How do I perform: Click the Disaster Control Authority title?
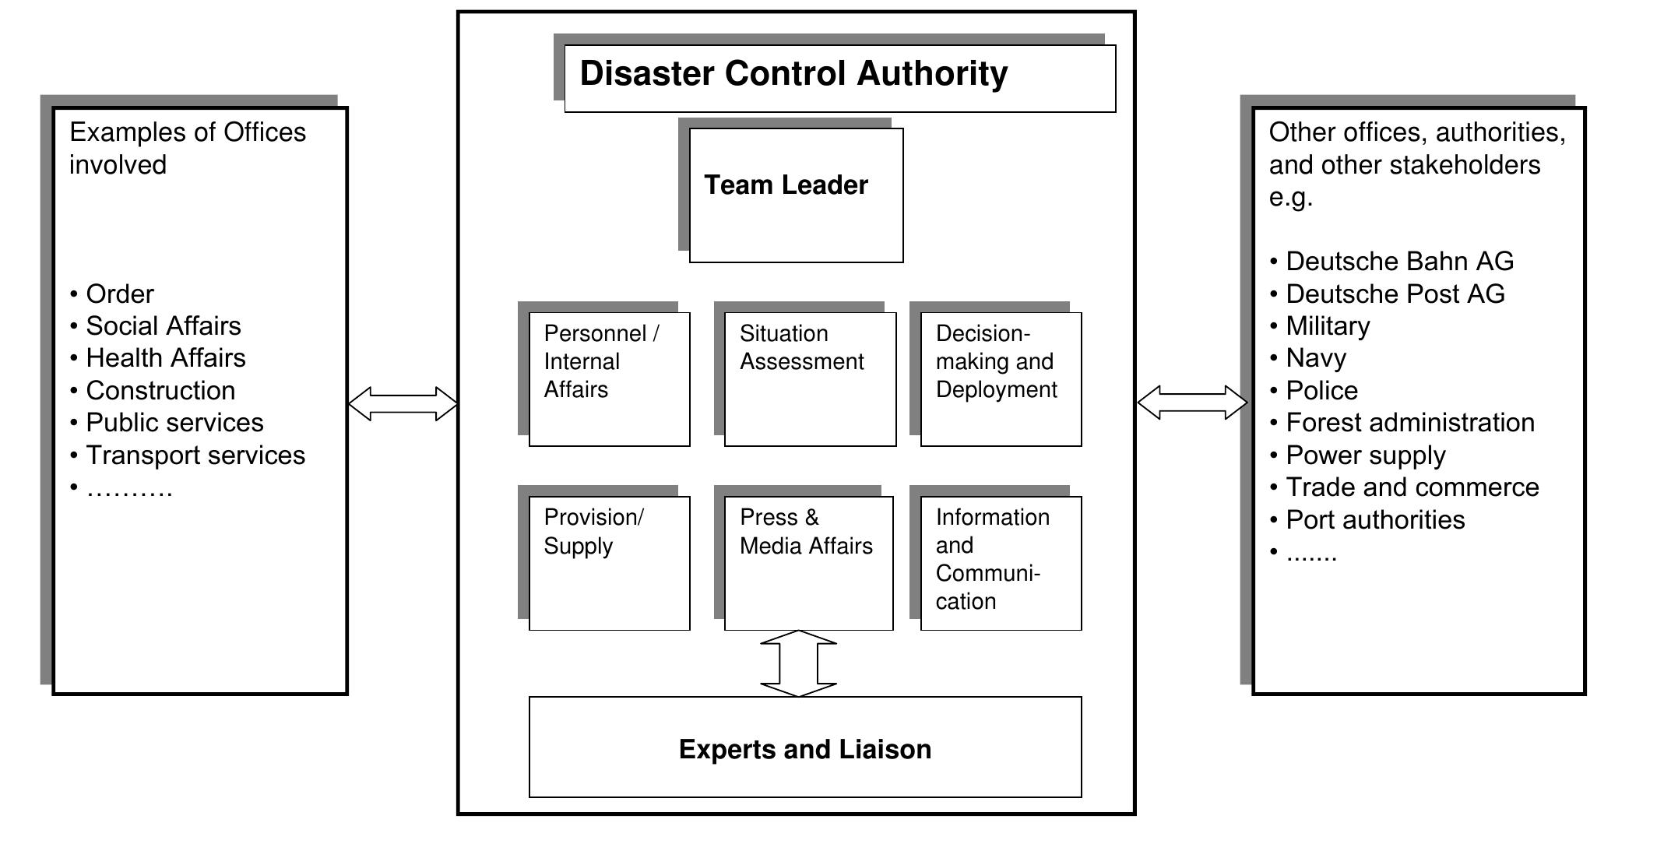793,75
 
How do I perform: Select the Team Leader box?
796,195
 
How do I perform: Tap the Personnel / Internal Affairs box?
609,378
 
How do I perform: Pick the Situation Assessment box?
810,378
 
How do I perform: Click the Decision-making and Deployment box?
1001,378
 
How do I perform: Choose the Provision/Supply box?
609,562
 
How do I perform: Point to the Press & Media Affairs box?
808,562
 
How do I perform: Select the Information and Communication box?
1001,562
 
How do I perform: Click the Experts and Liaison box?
805,747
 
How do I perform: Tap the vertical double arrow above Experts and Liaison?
798,663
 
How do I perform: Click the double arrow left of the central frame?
403,404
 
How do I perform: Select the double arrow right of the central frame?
1192,403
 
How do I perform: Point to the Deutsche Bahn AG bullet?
1399,262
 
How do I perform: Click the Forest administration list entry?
1409,423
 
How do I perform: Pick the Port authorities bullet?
1375,520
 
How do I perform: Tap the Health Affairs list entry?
165,358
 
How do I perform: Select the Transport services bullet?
195,455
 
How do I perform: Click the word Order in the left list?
120,294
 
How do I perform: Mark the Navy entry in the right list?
1315,358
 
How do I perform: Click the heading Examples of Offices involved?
187,148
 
